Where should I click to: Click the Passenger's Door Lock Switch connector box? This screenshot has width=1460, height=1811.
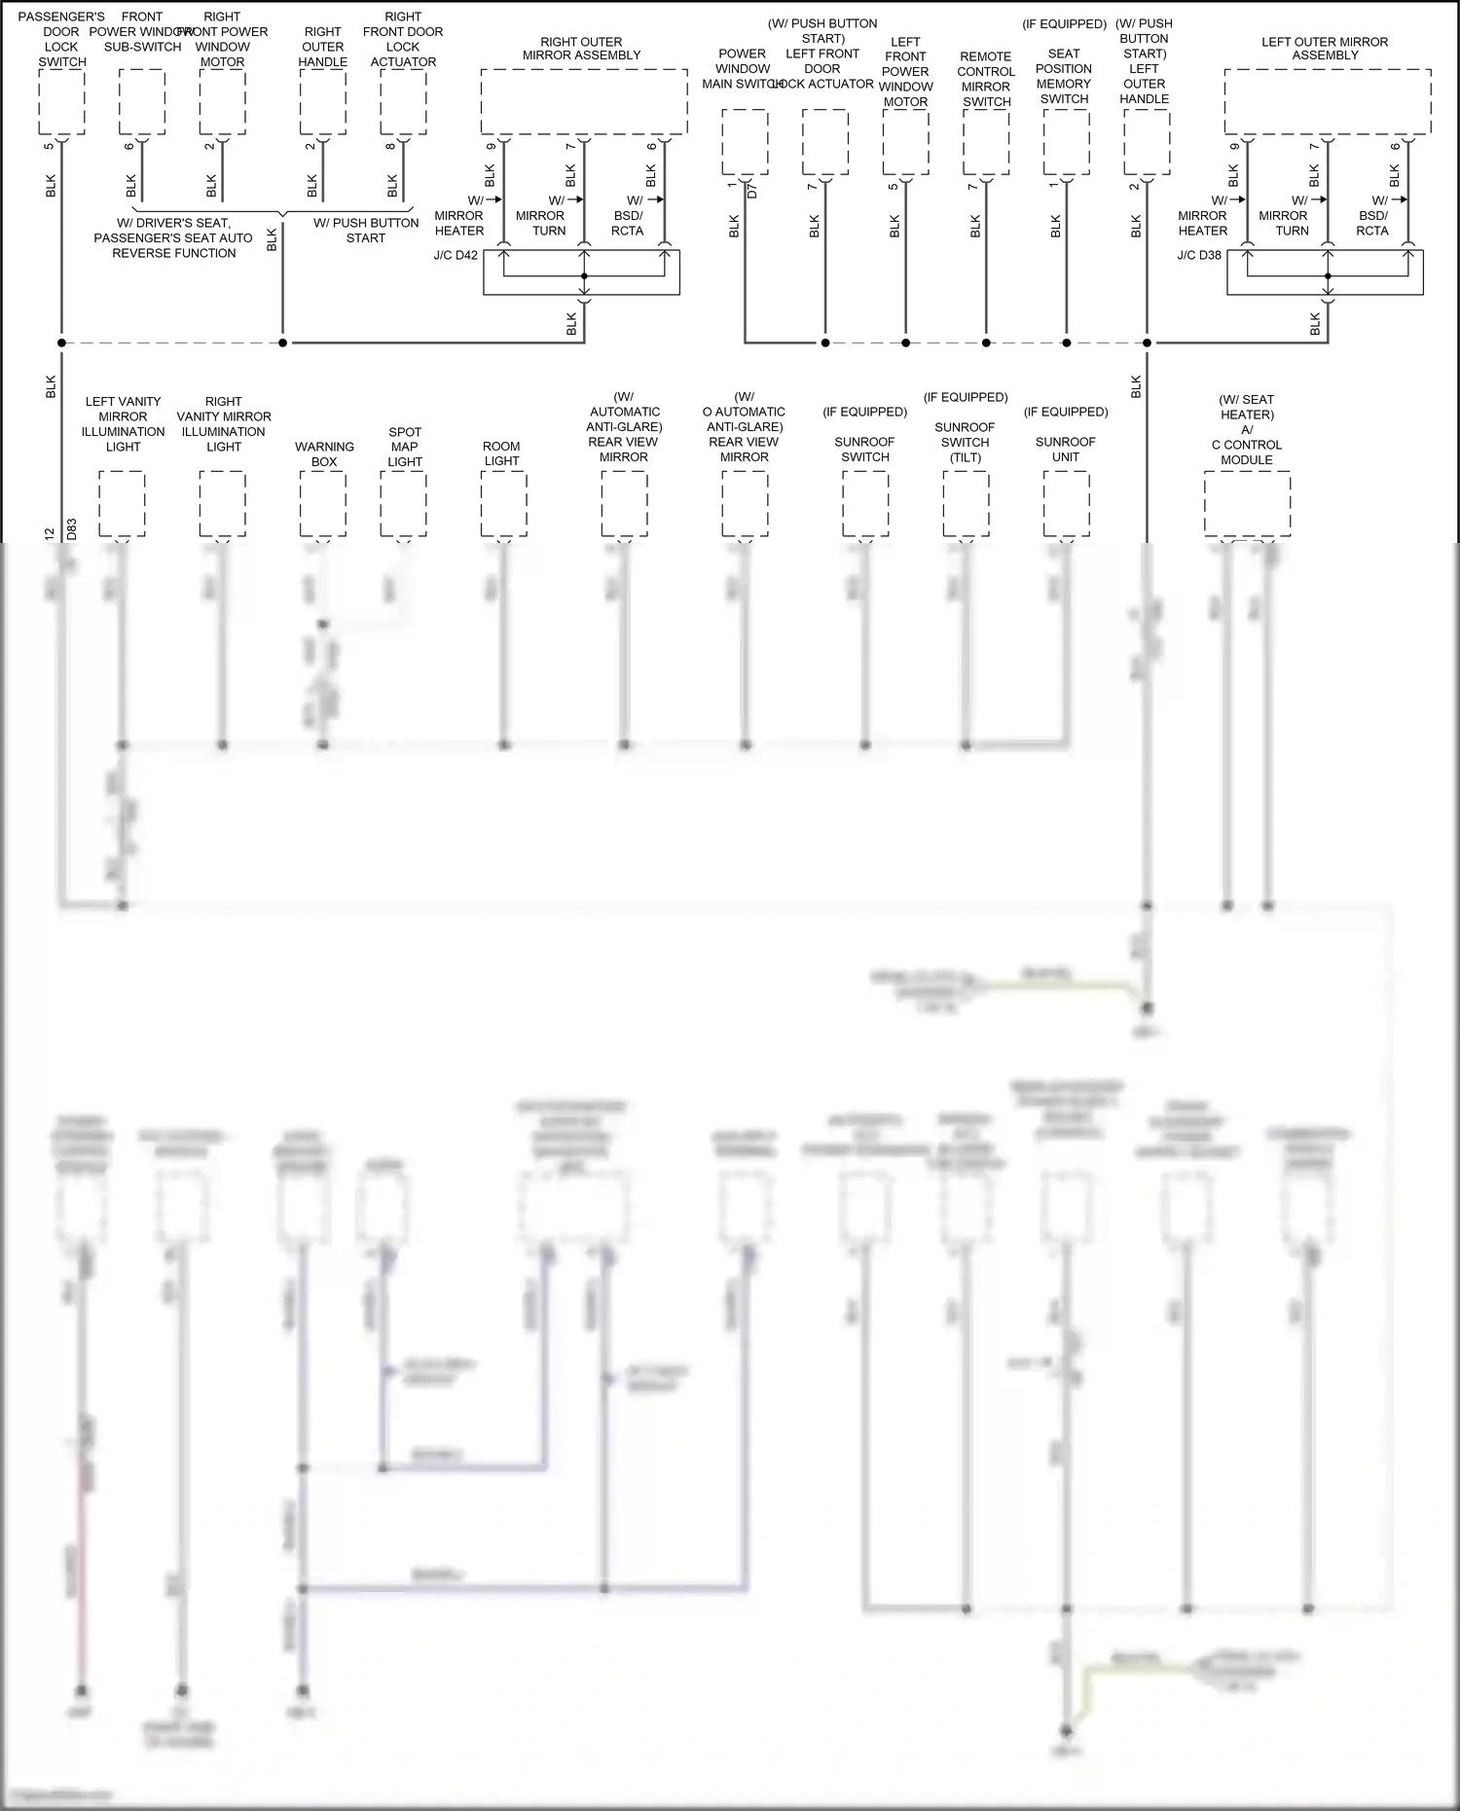point(61,102)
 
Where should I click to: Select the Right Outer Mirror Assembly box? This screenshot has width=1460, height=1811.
point(584,102)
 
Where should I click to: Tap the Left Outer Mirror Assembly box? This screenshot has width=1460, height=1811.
point(1328,102)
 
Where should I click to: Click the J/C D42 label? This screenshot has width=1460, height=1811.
point(456,256)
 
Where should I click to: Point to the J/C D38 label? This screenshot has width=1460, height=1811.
point(1199,256)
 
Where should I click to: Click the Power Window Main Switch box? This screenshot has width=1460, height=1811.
point(745,142)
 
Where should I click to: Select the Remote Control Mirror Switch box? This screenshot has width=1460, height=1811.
point(986,142)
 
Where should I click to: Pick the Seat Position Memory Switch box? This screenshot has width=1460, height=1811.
point(1066,142)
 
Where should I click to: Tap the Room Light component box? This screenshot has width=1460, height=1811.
point(503,503)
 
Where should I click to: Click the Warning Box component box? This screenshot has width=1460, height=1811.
point(323,503)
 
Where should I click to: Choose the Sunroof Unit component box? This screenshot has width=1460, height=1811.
point(1066,503)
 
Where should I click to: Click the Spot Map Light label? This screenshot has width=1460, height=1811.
point(405,447)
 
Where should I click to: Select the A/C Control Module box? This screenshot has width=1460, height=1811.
point(1247,503)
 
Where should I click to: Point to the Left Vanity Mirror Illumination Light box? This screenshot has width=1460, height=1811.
point(123,503)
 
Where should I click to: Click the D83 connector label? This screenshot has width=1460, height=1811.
point(72,529)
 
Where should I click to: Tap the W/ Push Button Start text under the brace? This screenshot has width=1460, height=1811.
point(366,231)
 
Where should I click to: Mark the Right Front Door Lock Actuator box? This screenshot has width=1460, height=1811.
point(403,102)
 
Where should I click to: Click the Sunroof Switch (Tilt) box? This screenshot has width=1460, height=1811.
point(966,503)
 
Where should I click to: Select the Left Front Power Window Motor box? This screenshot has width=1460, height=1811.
point(905,142)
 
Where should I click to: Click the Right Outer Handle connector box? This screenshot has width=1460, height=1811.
point(323,102)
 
